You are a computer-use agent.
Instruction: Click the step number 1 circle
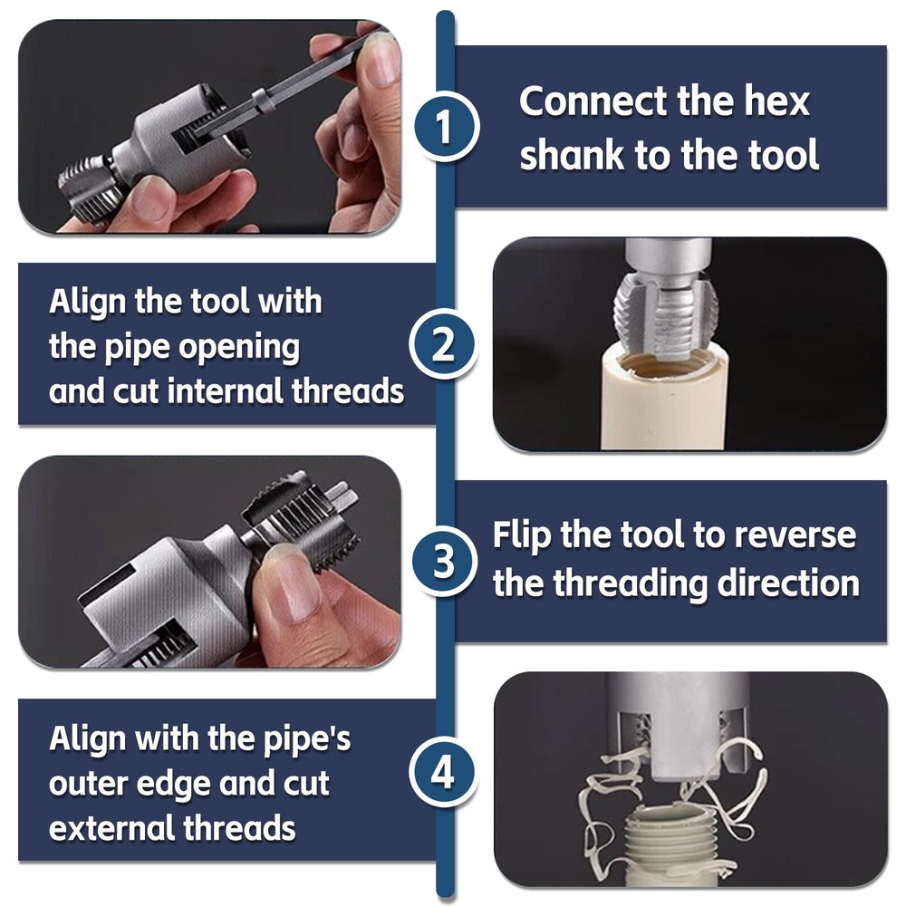pyautogui.click(x=444, y=128)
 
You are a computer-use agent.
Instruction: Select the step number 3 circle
pyautogui.click(x=444, y=562)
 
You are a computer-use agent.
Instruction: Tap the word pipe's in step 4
pyautogui.click(x=299, y=739)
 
